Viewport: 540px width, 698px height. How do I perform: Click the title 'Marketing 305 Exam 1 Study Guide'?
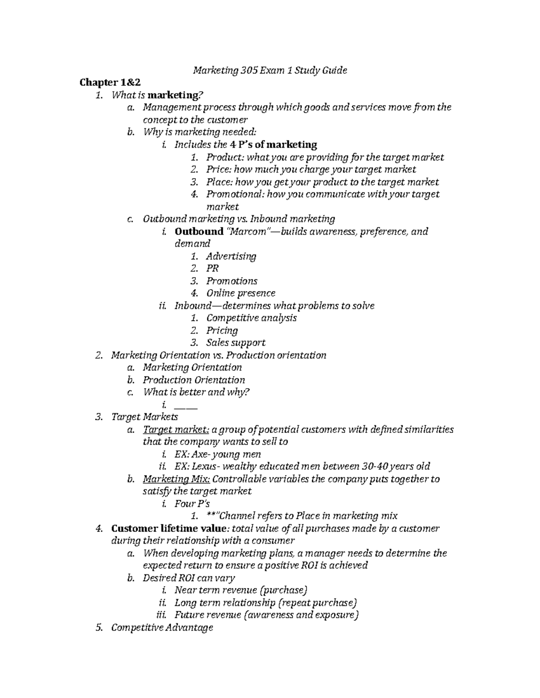coord(270,70)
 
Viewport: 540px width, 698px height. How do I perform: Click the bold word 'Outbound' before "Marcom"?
coord(199,231)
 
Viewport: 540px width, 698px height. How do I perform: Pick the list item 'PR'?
coord(212,268)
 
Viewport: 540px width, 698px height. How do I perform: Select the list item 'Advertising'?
coord(231,256)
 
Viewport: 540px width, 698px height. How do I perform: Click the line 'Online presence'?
coord(241,293)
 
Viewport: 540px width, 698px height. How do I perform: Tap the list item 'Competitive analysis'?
coord(252,318)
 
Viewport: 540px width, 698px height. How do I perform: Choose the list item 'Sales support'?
coord(236,342)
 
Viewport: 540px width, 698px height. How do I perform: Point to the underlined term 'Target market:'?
coord(176,429)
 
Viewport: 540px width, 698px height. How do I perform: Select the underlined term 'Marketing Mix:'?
coord(176,479)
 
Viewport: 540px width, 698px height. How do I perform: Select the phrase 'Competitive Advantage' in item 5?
coord(162,627)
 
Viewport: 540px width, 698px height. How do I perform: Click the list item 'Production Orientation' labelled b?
coord(194,380)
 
